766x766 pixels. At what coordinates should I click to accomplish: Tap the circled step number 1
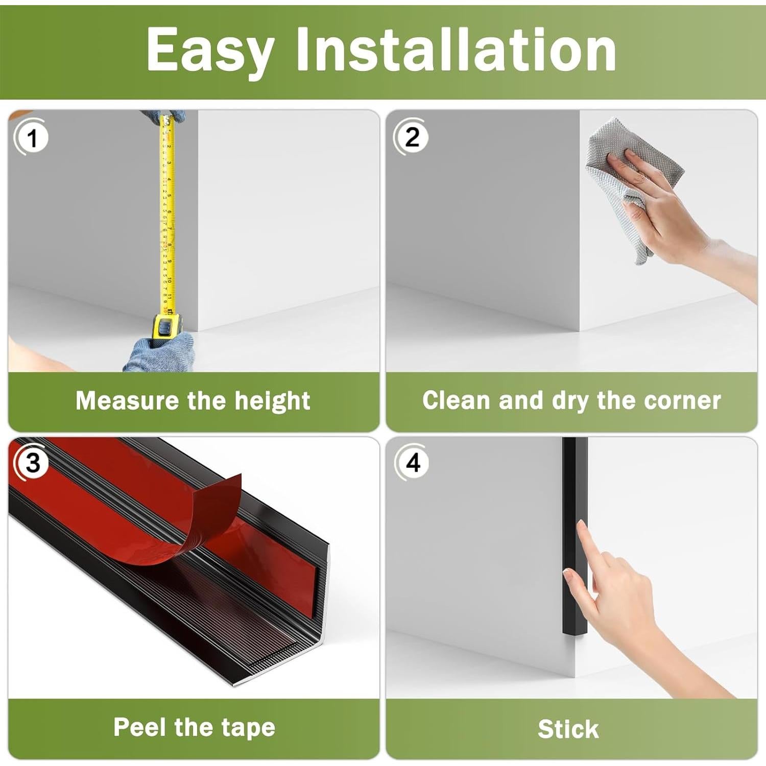tap(32, 138)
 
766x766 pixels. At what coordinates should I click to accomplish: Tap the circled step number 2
tap(412, 137)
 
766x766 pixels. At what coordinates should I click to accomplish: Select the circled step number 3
tap(32, 463)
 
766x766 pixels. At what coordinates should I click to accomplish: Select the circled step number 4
tap(413, 463)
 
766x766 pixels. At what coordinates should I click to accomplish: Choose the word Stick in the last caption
tap(568, 729)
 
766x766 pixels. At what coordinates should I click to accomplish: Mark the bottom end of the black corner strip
tap(575, 634)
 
